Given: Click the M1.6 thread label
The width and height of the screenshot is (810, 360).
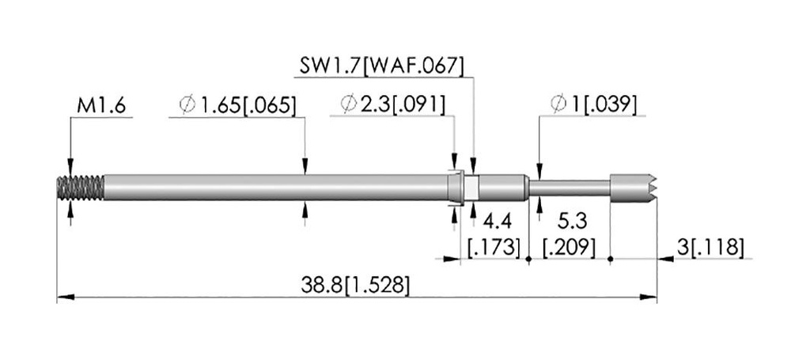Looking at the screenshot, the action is click(x=101, y=106).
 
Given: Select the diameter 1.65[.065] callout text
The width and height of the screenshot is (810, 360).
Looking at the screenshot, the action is click(x=238, y=105).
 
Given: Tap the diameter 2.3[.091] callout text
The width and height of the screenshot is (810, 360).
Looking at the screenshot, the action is click(x=393, y=105).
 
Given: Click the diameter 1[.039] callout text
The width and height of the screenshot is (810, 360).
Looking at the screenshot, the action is click(x=594, y=105).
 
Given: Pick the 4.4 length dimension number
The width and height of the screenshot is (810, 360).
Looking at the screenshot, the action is click(x=497, y=222).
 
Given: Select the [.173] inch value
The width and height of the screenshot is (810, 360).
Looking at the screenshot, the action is click(x=494, y=248).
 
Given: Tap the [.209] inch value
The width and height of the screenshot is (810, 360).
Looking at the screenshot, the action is click(x=570, y=248).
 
